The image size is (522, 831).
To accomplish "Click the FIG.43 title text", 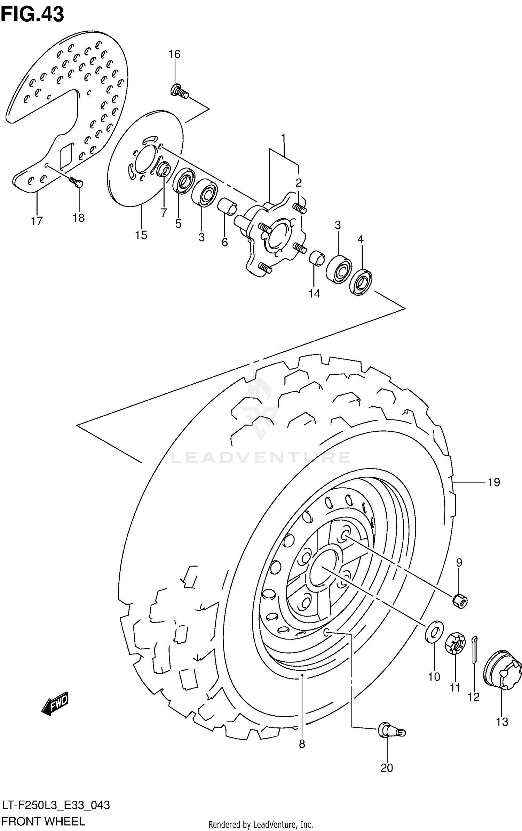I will click(32, 15).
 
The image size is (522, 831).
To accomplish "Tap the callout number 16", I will click(174, 54).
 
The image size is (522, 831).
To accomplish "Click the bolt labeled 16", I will click(179, 91).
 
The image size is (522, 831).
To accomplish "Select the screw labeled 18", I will click(77, 182).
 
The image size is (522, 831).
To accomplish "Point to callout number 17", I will click(37, 221).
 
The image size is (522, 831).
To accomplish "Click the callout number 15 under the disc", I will click(141, 235).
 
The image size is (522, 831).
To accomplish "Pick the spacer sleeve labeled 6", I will click(227, 207).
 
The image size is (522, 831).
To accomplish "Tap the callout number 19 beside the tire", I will click(493, 482).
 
